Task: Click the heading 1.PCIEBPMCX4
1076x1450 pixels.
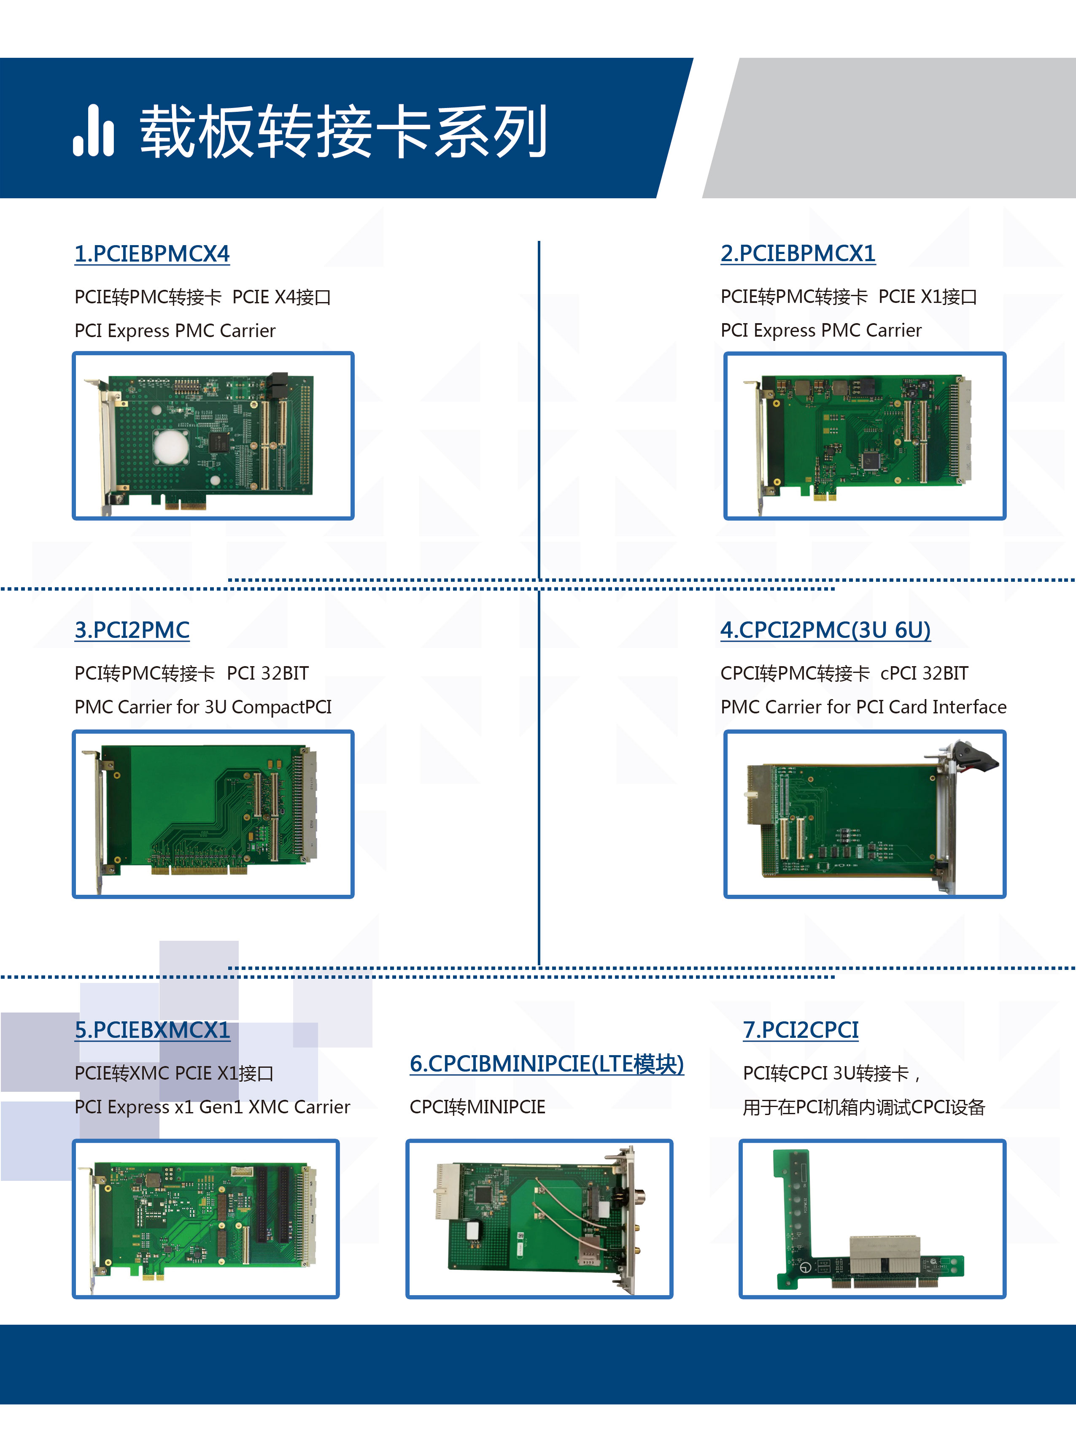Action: point(152,254)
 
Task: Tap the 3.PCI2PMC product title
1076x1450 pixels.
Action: point(132,630)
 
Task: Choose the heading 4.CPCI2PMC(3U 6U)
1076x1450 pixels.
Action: point(825,630)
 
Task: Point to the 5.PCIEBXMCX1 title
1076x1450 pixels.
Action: point(152,1030)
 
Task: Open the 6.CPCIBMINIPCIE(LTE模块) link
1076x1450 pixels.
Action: point(547,1064)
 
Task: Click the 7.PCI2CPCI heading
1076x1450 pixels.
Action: point(801,1030)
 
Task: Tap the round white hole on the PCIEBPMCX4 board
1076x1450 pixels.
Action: point(171,446)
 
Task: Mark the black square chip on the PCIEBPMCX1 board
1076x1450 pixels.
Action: point(870,461)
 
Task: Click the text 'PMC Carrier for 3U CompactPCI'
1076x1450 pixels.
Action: point(202,707)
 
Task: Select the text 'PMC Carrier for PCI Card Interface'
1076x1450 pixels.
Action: point(863,707)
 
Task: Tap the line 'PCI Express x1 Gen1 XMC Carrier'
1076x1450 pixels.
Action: point(212,1107)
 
